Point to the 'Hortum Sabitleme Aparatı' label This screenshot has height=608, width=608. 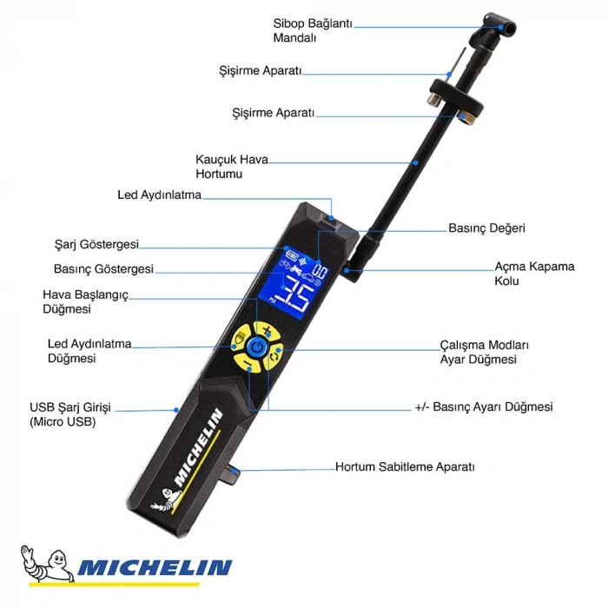(405, 467)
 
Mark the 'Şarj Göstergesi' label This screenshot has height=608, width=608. (96, 245)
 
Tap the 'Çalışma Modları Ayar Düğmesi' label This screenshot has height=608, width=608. (484, 352)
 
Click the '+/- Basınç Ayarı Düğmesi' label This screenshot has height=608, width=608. (483, 406)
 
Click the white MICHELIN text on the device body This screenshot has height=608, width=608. (202, 446)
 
